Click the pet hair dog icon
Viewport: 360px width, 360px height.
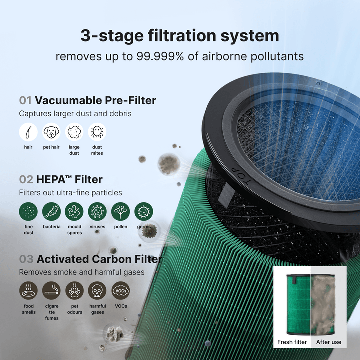pos(51,132)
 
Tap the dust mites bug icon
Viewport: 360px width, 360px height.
pos(97,132)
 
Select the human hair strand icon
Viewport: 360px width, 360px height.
pos(28,132)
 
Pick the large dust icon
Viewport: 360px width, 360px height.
pos(74,132)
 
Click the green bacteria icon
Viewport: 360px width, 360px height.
pos(51,211)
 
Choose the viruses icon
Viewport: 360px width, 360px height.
pos(97,211)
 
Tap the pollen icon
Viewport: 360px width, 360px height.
pos(121,211)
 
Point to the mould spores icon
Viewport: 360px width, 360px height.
pos(74,211)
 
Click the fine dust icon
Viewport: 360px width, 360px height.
pos(28,211)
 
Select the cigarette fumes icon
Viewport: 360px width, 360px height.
pos(51,291)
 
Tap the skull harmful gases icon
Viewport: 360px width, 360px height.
pos(97,291)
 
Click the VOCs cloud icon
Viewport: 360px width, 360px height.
pos(121,291)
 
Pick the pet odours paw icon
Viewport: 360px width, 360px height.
pos(74,291)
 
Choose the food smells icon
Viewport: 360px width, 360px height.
pos(28,291)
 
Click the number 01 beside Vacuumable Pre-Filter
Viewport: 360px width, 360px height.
pos(25,101)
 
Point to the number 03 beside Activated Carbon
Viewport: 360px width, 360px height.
pos(26,259)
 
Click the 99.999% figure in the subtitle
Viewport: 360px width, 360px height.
pos(160,56)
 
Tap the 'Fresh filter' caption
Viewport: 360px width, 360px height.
pos(292,342)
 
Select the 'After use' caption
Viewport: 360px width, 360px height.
pos(329,342)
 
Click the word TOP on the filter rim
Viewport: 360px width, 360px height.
pos(241,177)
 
